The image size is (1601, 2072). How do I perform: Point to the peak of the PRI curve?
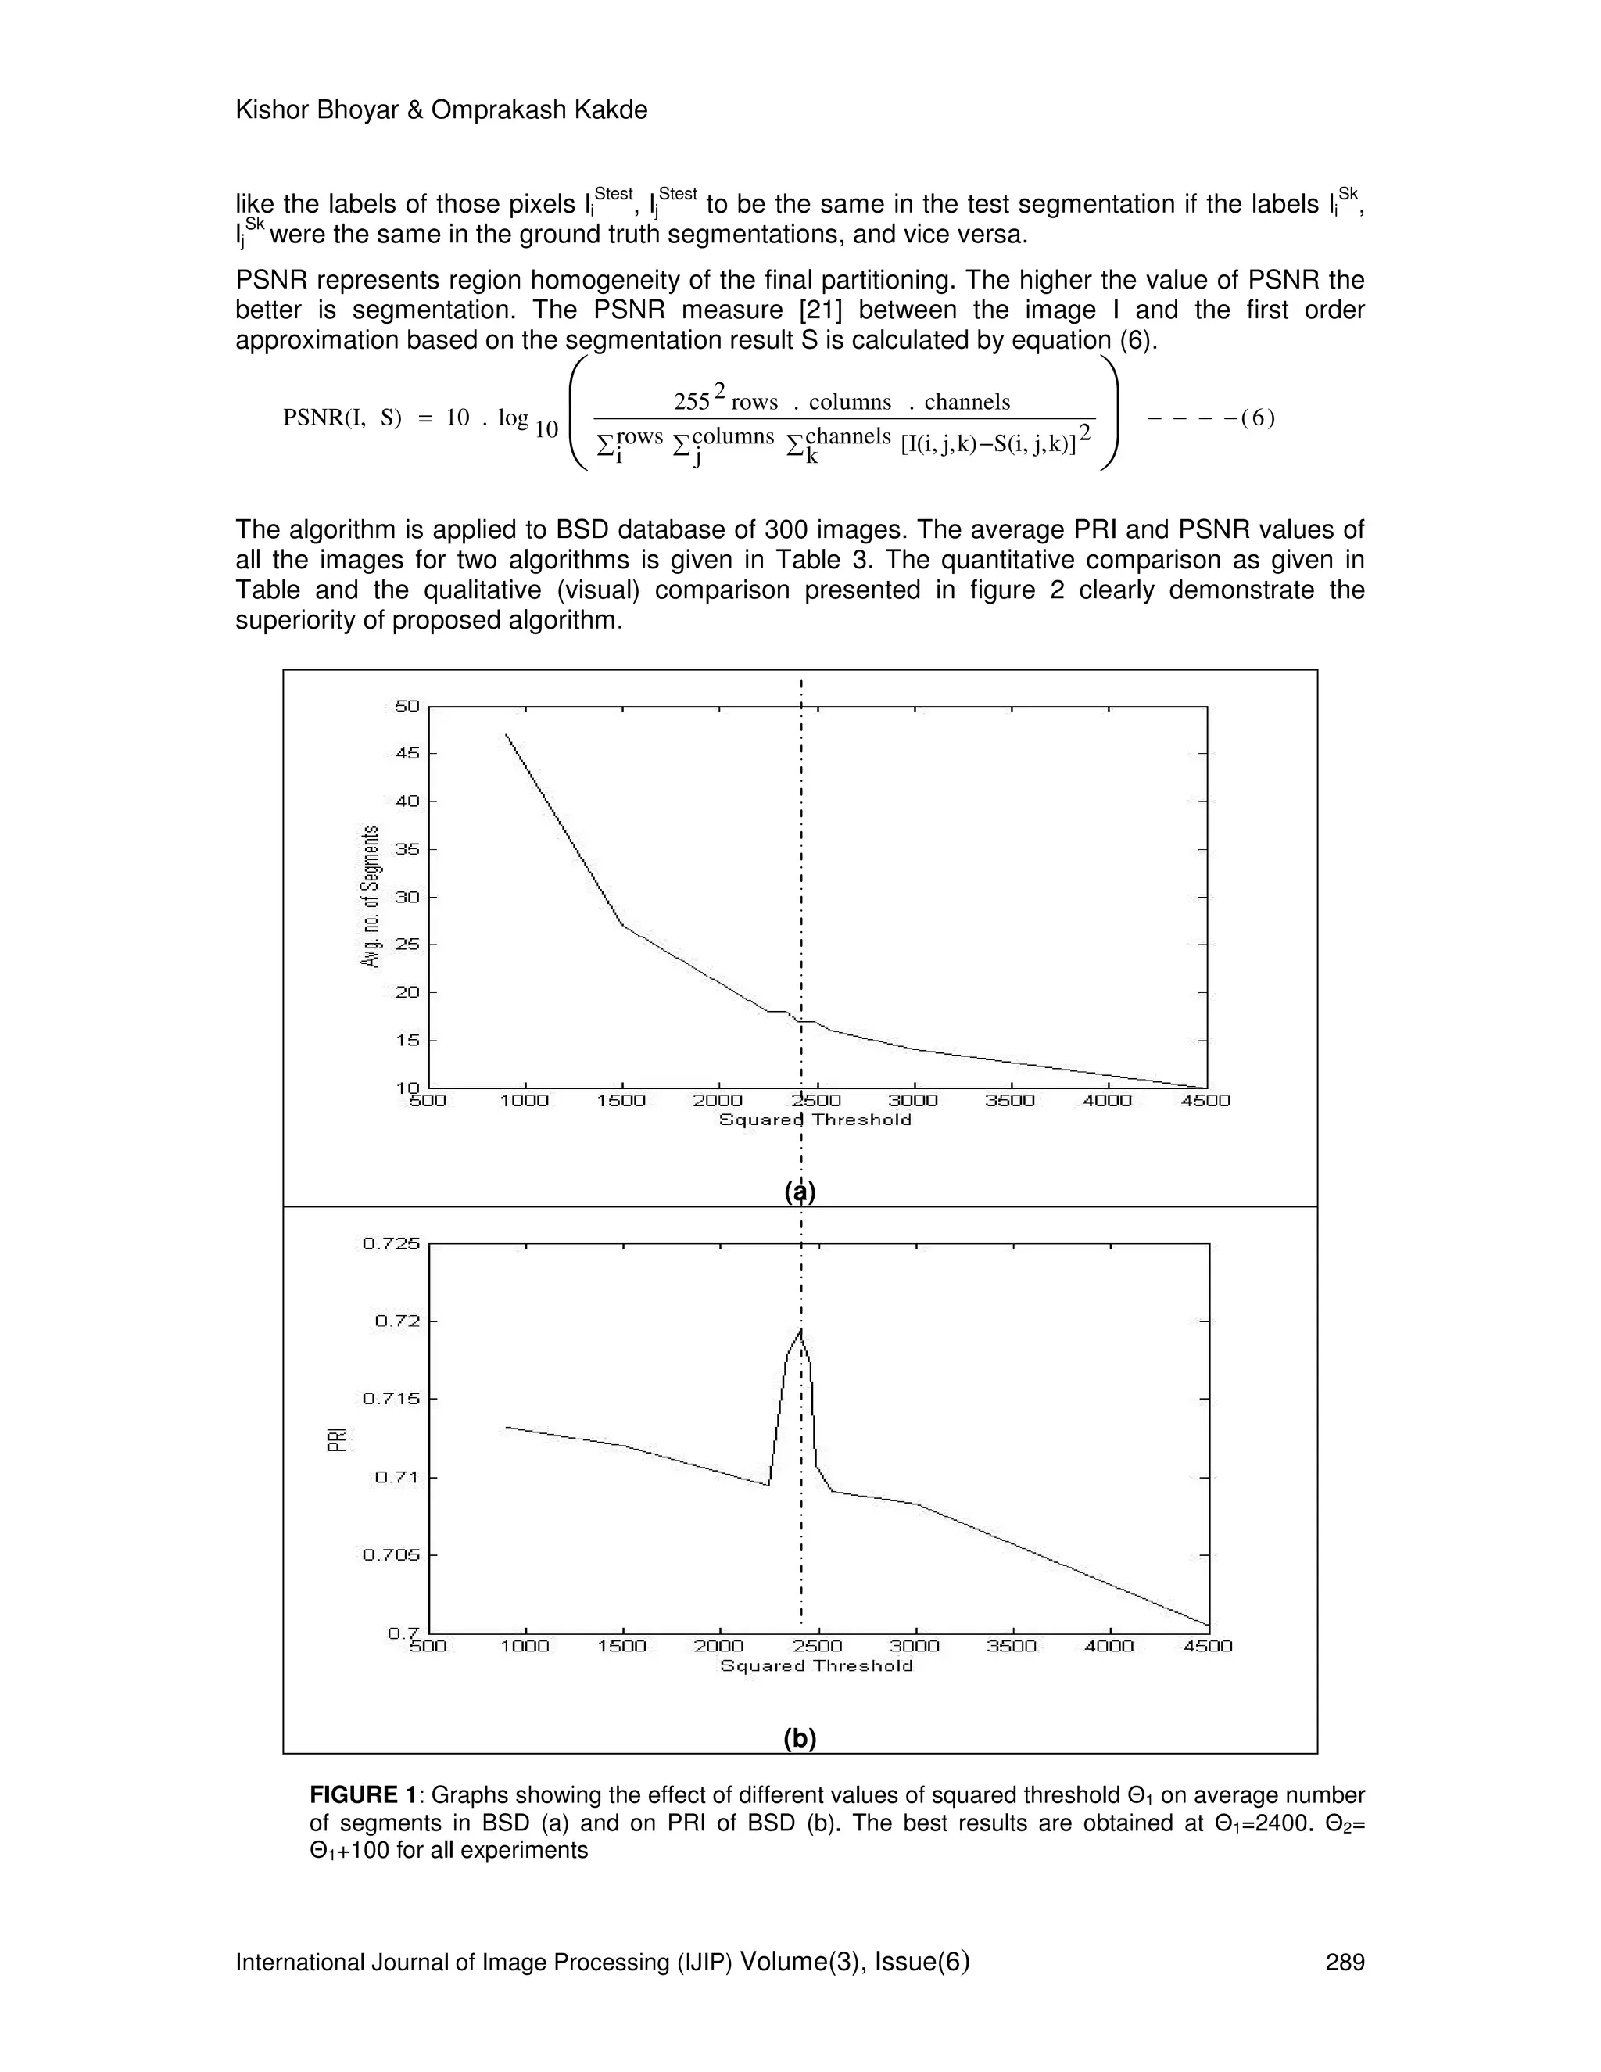point(801,1330)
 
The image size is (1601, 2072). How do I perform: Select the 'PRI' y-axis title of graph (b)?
point(335,1439)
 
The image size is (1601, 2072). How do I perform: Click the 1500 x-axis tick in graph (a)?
point(621,1101)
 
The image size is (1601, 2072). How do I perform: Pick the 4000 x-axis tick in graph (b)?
point(1109,1646)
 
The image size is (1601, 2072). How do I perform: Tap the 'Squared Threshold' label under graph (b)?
point(815,1666)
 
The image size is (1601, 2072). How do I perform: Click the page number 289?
point(1344,1962)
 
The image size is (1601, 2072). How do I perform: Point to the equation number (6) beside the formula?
point(1257,418)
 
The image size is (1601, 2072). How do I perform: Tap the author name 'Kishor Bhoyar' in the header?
point(319,110)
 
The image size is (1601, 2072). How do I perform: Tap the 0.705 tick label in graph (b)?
point(392,1554)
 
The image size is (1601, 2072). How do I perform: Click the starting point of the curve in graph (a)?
point(507,734)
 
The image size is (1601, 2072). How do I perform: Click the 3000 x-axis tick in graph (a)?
point(912,1101)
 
